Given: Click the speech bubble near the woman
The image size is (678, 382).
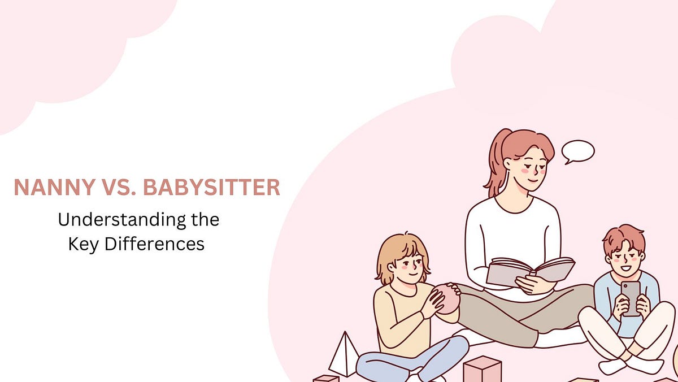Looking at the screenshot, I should [x=577, y=151].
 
